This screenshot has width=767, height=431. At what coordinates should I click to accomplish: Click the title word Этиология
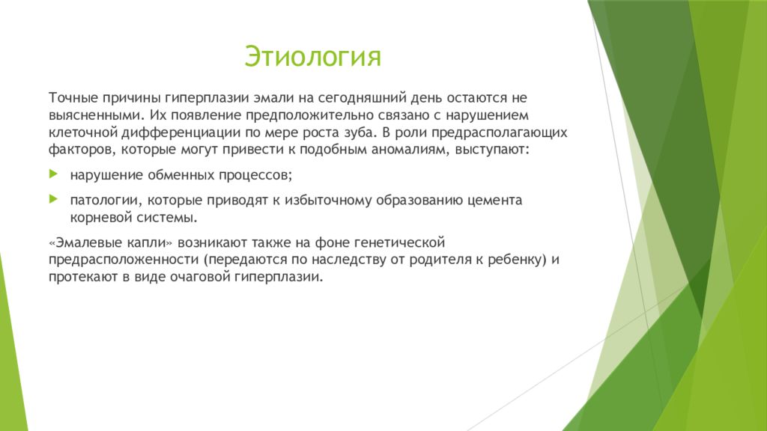click(312, 57)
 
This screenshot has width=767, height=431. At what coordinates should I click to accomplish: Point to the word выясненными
click(95, 115)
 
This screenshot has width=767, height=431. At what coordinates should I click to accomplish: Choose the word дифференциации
click(181, 132)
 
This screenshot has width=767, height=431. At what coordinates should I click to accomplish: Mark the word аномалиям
click(410, 150)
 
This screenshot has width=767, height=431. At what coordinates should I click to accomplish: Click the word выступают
click(492, 150)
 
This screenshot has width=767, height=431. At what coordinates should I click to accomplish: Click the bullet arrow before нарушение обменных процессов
click(53, 174)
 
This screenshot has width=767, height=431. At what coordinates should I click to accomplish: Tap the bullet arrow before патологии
click(53, 198)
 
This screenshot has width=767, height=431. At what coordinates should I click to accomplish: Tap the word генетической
click(399, 242)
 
